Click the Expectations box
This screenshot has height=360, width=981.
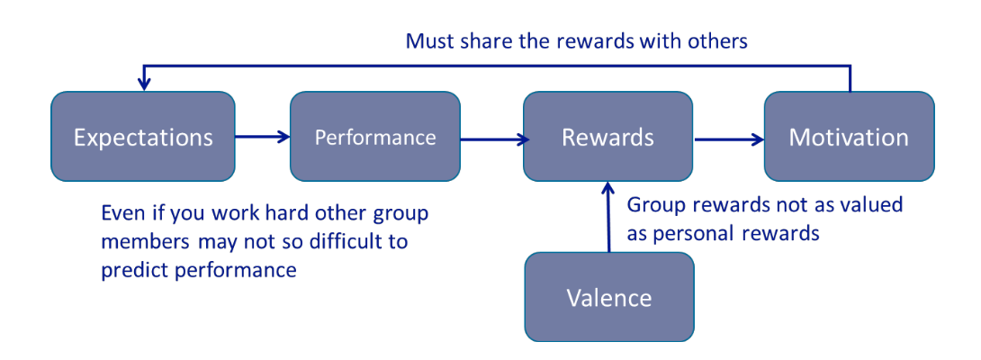[142, 137]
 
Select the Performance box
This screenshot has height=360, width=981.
[374, 137]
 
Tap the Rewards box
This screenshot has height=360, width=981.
[608, 137]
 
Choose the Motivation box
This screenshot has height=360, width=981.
[849, 137]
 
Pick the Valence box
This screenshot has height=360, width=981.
[609, 297]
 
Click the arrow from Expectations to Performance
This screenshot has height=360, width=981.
[262, 137]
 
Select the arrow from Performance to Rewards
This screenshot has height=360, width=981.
[491, 140]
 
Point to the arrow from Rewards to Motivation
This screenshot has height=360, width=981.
[729, 139]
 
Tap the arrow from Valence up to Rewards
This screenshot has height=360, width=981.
[608, 217]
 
